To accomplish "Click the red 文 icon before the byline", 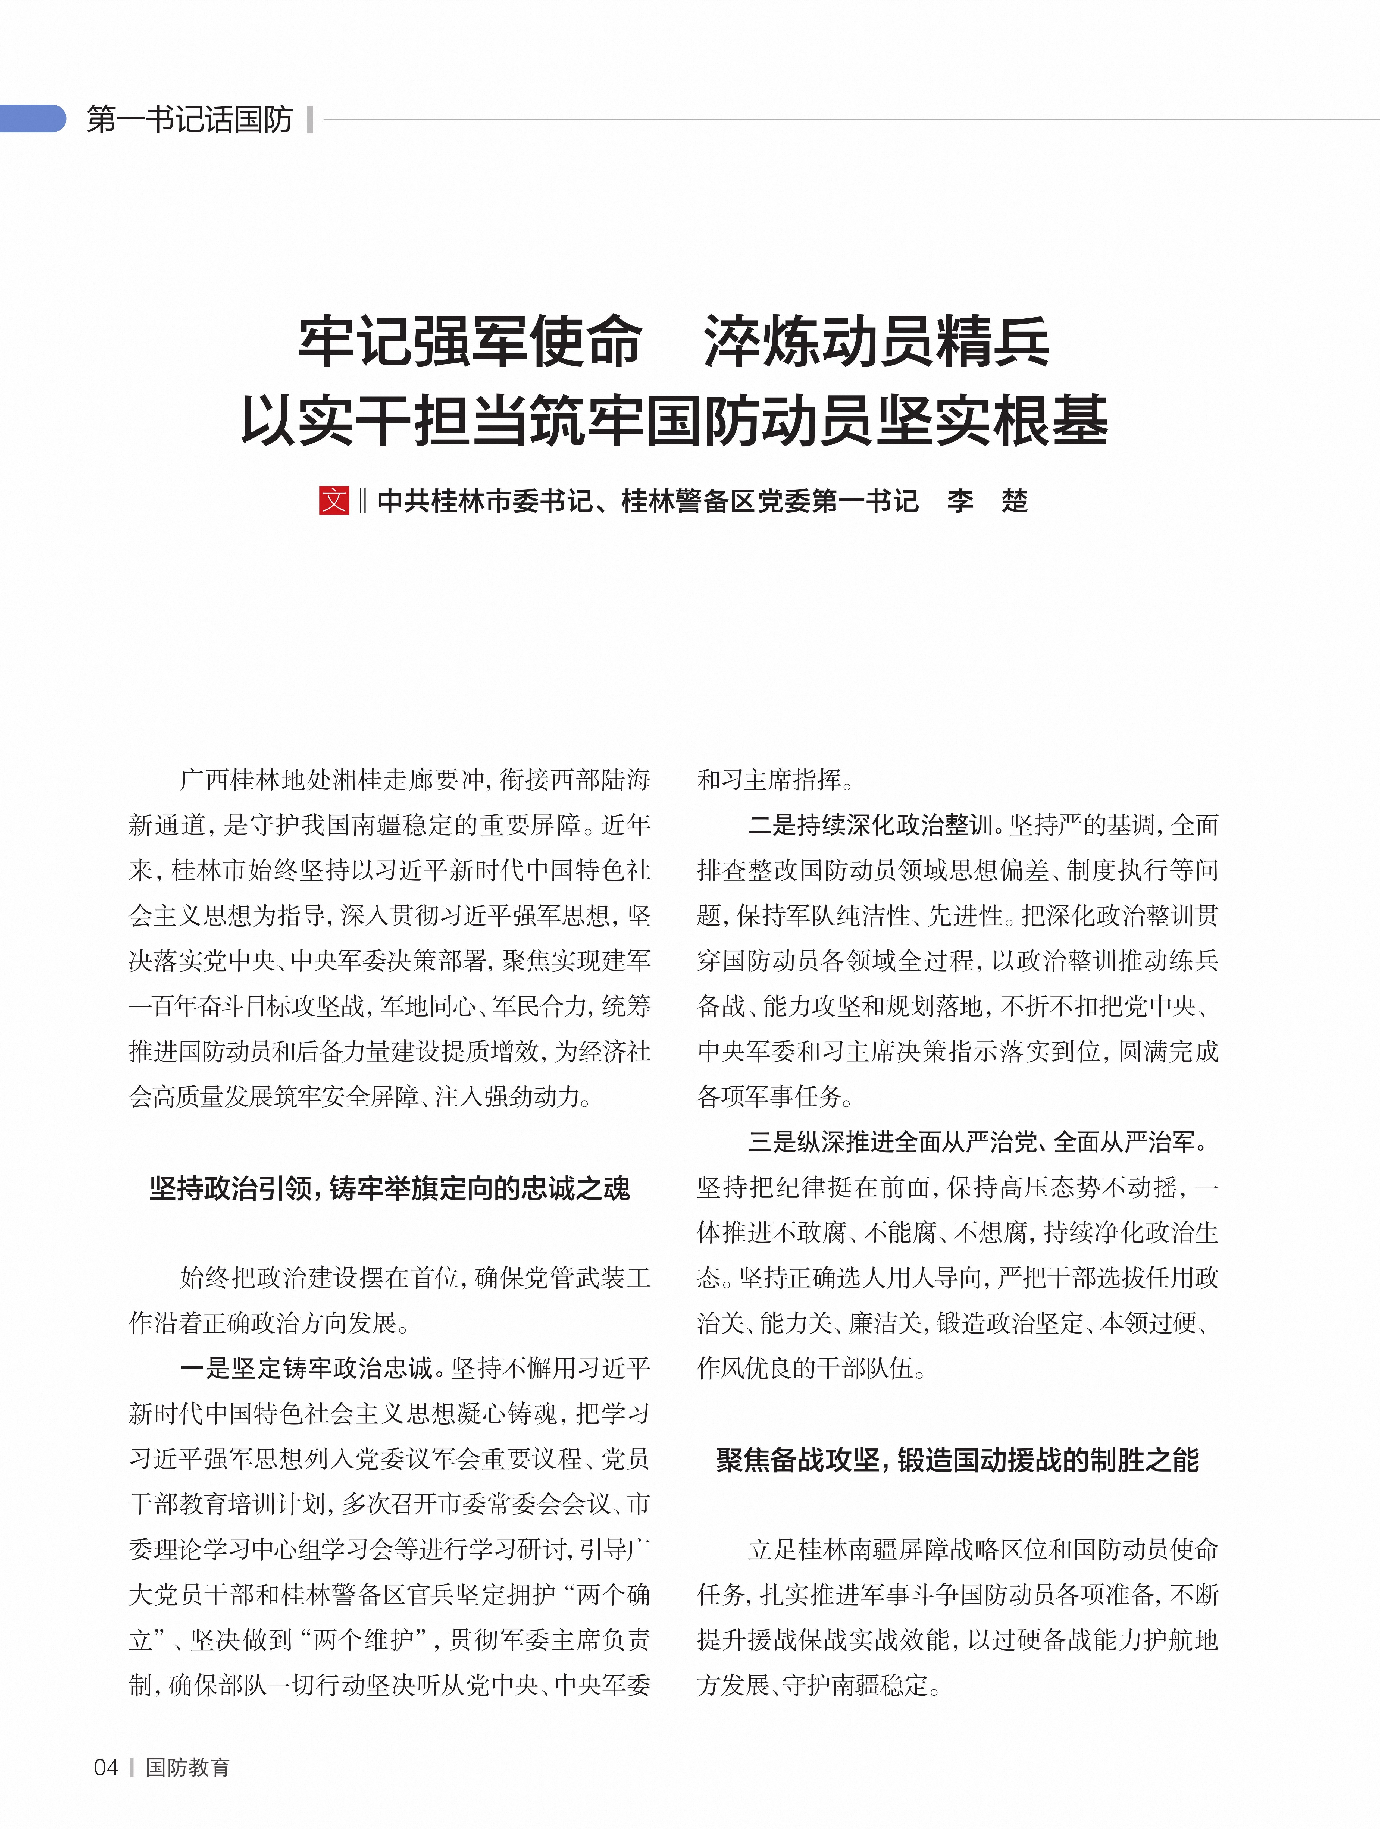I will pos(334,500).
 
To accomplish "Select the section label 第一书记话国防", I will pos(189,120).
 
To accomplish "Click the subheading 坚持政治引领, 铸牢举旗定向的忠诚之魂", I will pos(389,1188).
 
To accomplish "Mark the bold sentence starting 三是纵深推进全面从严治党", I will pos(977,1142).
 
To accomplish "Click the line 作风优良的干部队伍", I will pos(810,1369).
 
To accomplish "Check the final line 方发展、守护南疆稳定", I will pos(819,1685).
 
